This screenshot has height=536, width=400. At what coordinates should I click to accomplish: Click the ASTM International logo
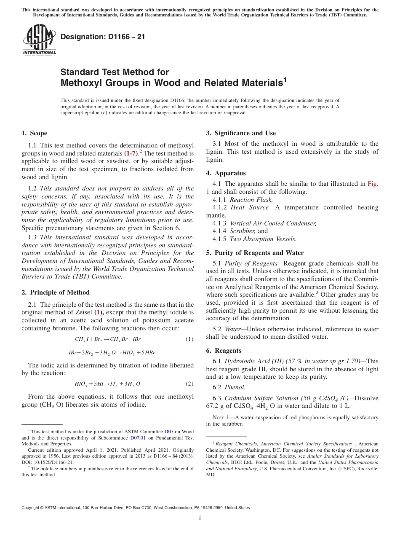click(x=39, y=40)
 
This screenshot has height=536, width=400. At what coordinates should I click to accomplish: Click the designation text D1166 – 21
click(x=103, y=37)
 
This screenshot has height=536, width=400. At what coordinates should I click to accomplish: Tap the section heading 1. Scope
click(x=34, y=133)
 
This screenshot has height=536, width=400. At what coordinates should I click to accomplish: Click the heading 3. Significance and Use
click(x=241, y=133)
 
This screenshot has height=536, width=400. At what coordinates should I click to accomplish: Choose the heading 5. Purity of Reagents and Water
click(x=255, y=253)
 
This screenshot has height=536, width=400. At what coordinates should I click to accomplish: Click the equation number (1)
click(x=189, y=339)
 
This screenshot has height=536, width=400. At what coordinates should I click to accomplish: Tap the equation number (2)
click(x=189, y=384)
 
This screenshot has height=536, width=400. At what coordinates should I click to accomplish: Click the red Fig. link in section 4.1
click(x=373, y=184)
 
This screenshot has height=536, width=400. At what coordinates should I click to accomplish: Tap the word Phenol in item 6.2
click(x=235, y=387)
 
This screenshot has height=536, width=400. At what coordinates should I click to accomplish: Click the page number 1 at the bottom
click(x=200, y=518)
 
